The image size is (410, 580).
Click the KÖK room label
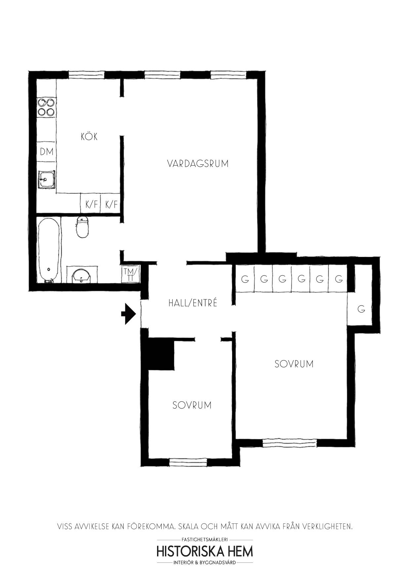[89, 136]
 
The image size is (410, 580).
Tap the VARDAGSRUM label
[198, 164]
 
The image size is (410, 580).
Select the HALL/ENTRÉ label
[193, 303]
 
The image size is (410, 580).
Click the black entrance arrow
[129, 314]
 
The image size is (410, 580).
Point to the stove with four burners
[46, 107]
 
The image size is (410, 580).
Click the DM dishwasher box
[46, 152]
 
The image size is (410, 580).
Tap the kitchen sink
[46, 180]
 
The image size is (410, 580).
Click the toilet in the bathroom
[82, 227]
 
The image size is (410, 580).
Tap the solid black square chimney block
[161, 354]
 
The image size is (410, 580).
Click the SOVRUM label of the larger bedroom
[294, 364]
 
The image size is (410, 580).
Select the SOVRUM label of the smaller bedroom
[192, 405]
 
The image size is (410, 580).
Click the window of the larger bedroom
[290, 443]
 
